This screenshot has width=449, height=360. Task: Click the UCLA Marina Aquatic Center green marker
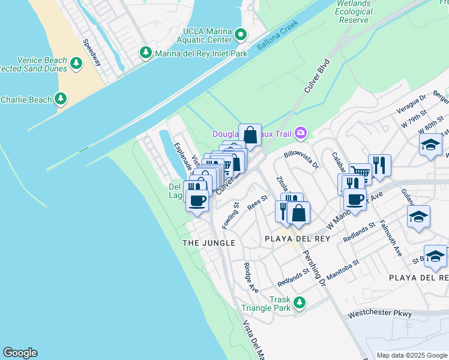point(241,35)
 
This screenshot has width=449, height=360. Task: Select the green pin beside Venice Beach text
point(76,64)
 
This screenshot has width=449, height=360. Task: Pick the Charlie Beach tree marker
point(61,99)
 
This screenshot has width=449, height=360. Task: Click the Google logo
point(20,353)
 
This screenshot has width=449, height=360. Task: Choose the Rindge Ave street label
point(252,277)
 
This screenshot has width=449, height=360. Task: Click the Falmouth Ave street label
point(391,239)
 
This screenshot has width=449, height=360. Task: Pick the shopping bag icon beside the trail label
point(250,135)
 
